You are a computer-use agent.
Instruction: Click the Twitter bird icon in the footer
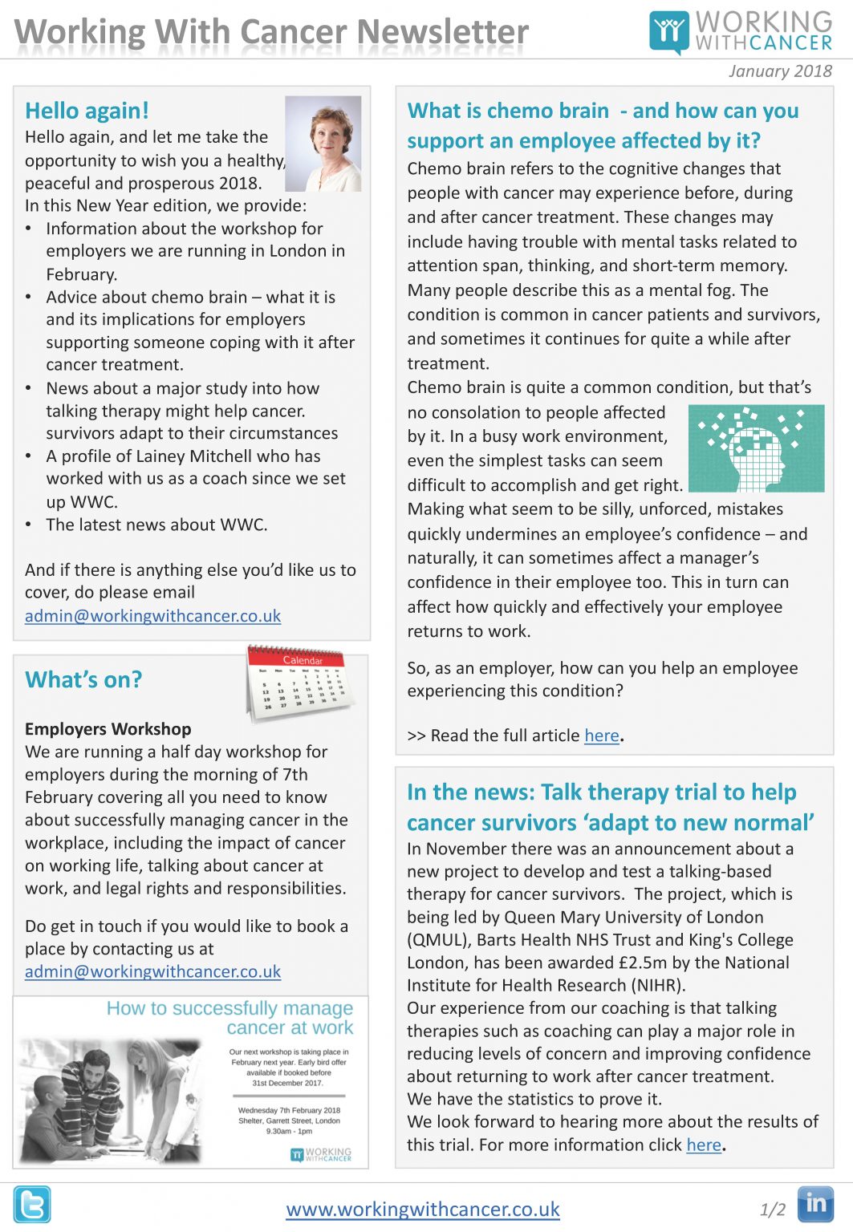point(32,1204)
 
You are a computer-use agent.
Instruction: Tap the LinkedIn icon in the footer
point(815,1204)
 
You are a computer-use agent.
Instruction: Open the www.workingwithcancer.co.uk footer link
point(423,1209)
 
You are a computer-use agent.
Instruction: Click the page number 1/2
point(772,1210)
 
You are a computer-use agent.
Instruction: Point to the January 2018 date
point(780,71)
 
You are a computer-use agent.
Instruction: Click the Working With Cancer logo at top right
point(741,31)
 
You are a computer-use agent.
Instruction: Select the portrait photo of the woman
point(323,144)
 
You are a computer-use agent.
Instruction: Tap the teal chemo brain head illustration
point(756,448)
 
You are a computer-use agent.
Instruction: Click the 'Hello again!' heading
point(87,111)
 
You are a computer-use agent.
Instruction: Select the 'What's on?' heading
point(83,679)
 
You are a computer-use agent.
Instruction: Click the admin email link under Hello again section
point(152,616)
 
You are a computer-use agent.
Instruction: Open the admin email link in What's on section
point(152,971)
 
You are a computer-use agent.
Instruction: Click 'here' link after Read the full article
point(601,736)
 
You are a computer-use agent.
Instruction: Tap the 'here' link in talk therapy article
point(704,1145)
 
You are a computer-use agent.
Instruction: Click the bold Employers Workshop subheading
point(108,729)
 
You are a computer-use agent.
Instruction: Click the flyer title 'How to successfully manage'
point(229,1008)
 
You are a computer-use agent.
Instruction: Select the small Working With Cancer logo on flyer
point(321,1154)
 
